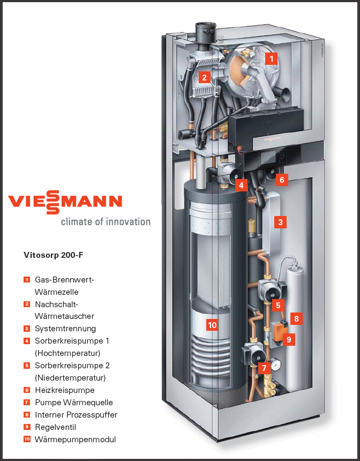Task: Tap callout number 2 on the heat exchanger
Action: coord(204,77)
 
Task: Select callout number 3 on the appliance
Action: coord(280,221)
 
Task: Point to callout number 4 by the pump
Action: coord(242,185)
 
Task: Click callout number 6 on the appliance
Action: coord(282,180)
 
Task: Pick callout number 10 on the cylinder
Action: coord(212,325)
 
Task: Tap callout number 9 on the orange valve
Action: coord(289,339)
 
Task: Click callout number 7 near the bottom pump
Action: coord(263,368)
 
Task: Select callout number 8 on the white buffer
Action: coord(296,318)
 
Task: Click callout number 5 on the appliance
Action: coord(277,305)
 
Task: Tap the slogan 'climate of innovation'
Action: coord(105,221)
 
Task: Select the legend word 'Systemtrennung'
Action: coord(65,329)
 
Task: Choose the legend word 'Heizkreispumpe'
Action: coord(64,390)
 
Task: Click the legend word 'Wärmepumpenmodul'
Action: coord(75,440)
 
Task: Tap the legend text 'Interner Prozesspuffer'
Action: coord(76,415)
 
